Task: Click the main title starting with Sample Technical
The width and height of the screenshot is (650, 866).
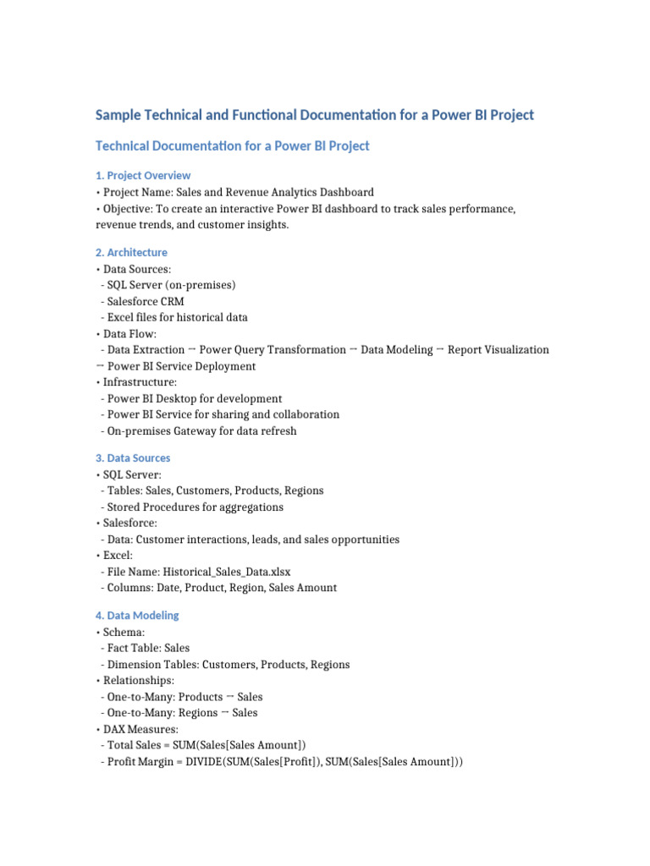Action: click(x=314, y=115)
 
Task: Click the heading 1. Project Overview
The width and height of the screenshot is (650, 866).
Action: click(x=143, y=175)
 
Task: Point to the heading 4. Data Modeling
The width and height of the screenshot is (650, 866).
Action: click(x=137, y=615)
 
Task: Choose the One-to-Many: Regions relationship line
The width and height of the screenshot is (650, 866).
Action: click(x=179, y=713)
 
